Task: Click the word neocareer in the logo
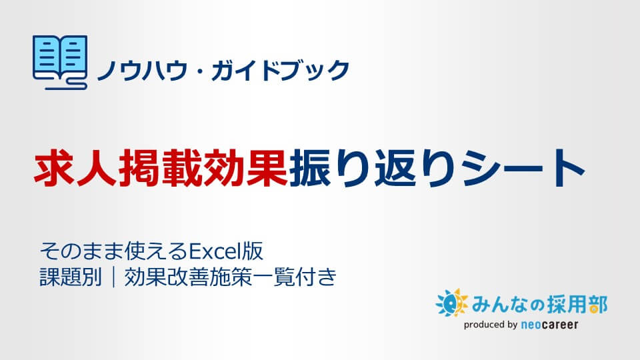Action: coord(550,325)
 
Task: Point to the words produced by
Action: coord(491,325)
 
